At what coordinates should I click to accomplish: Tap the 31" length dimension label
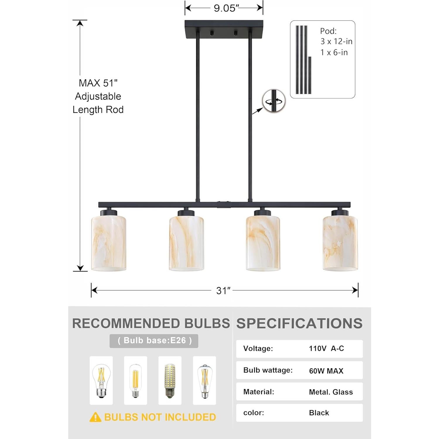(x=223, y=291)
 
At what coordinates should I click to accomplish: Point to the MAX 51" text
(x=98, y=83)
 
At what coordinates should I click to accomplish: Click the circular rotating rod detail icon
(x=274, y=101)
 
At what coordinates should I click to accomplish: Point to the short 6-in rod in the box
(x=310, y=75)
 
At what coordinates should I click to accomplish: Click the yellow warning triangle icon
(x=95, y=417)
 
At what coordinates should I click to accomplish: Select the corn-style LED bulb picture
(x=170, y=380)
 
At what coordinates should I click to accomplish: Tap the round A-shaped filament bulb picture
(x=101, y=380)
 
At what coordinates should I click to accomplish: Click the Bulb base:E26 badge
(x=154, y=341)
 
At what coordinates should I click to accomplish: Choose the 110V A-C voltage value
(x=326, y=349)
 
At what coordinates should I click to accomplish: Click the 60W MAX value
(x=326, y=371)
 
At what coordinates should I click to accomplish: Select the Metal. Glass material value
(x=331, y=392)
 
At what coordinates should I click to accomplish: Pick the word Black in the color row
(x=319, y=413)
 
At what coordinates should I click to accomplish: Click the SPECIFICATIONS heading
(x=299, y=323)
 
